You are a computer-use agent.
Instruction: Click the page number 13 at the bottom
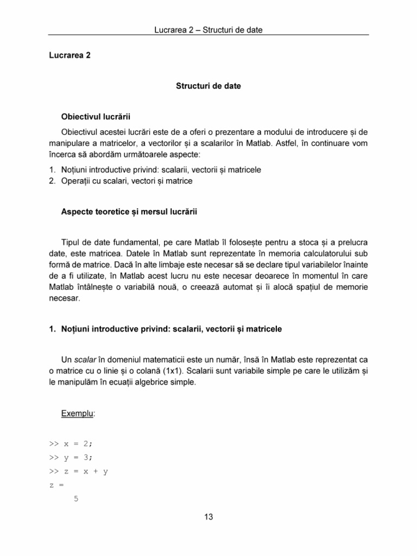coord(208,516)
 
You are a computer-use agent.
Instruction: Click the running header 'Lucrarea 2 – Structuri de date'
coord(208,30)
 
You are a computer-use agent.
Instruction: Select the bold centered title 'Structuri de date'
coord(208,86)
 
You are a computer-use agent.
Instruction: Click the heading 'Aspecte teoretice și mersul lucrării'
coord(129,212)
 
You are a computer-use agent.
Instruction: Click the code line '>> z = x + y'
coord(79,471)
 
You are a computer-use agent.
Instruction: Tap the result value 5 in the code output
coord(75,500)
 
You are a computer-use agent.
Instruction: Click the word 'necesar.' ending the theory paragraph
coord(64,298)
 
